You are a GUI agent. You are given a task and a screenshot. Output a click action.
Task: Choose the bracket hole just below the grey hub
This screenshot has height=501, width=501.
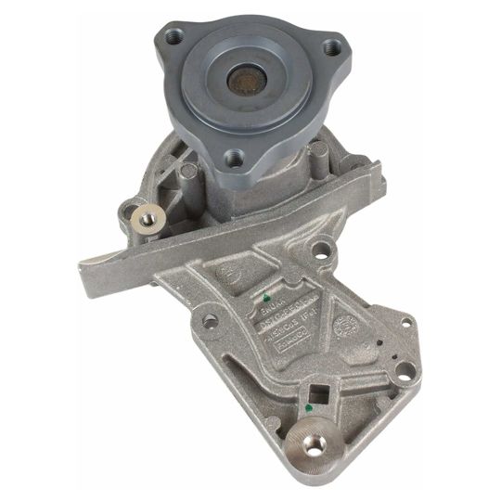[321, 249]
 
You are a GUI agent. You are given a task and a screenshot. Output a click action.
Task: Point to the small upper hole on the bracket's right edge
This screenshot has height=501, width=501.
[405, 323]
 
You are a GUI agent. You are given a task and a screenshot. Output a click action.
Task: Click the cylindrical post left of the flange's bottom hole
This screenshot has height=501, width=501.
[188, 170]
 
